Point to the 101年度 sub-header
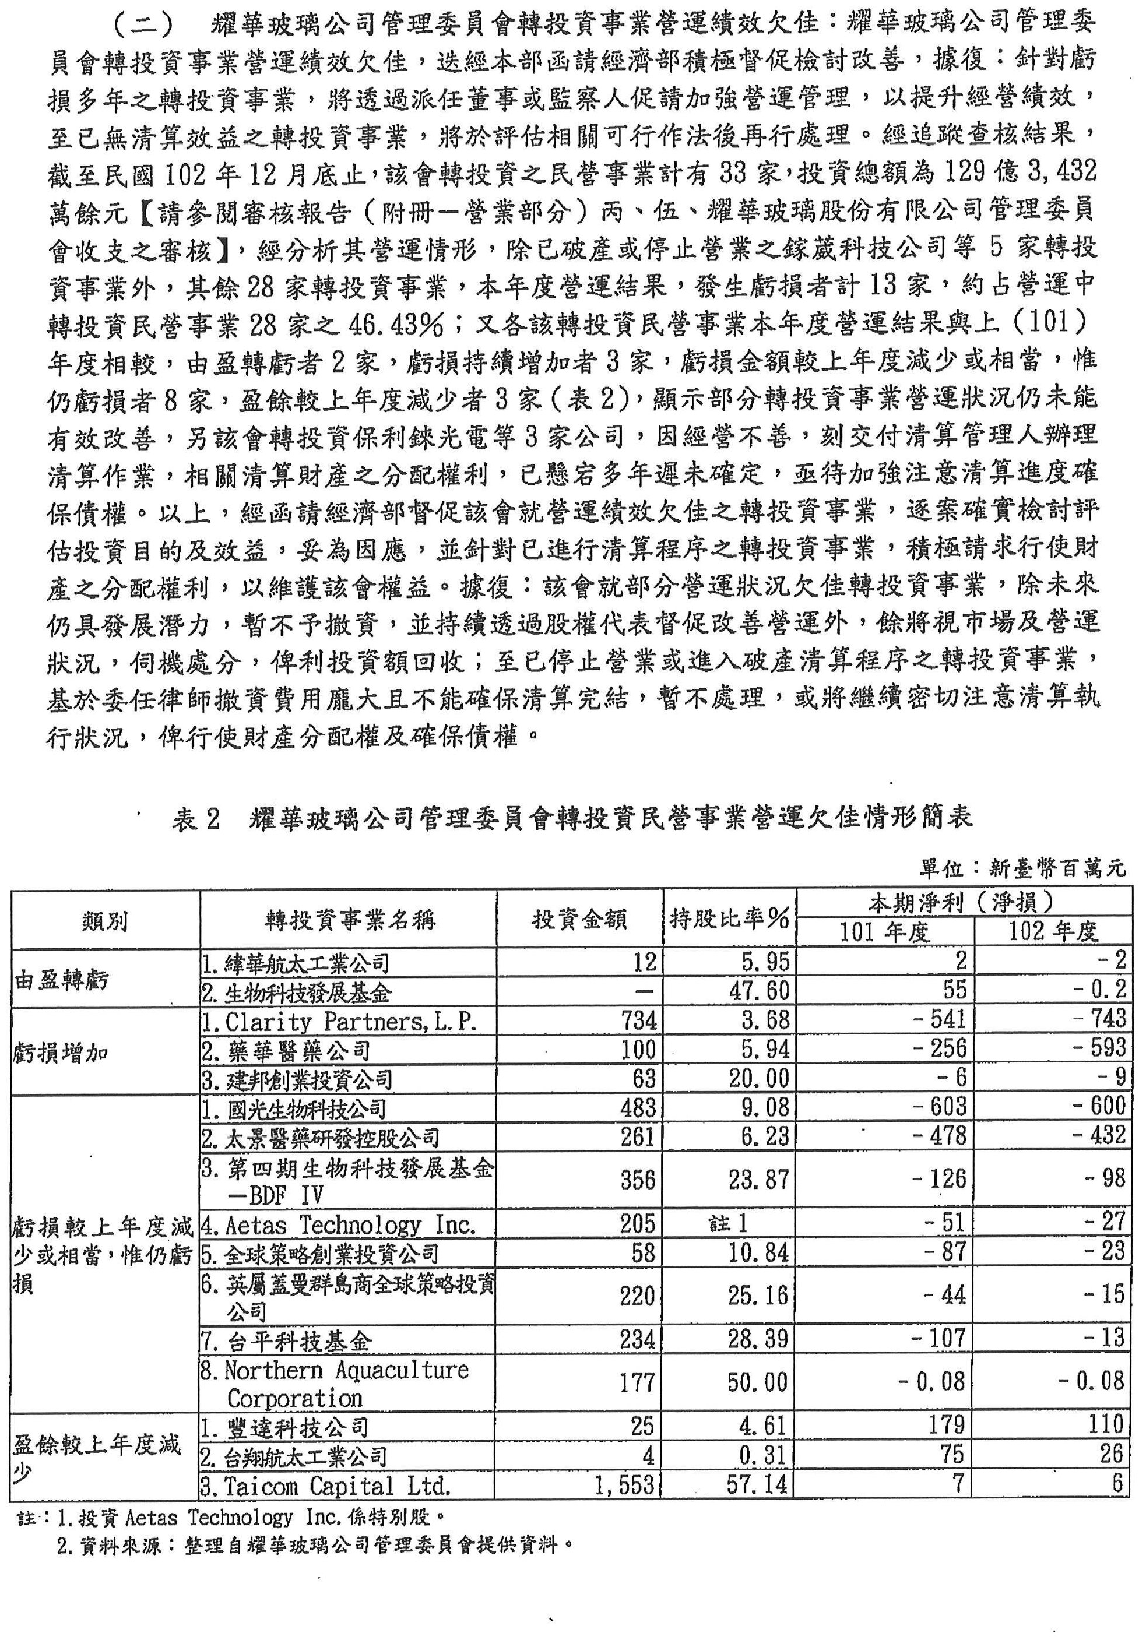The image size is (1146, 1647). pos(885,932)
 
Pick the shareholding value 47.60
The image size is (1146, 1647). pos(758,991)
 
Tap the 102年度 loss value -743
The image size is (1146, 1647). pos(1099,1019)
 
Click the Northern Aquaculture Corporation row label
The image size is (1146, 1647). pos(335,1384)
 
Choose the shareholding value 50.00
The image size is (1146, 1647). pos(758,1382)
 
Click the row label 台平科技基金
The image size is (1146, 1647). pos(287,1340)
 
